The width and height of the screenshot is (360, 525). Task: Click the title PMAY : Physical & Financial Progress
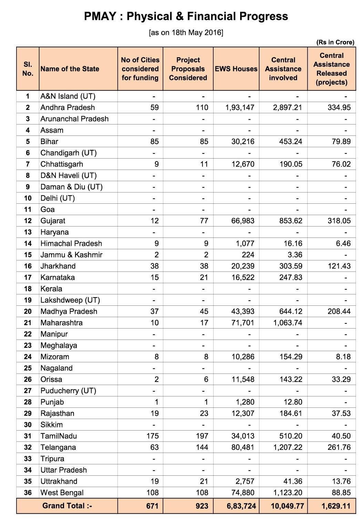[x=186, y=16]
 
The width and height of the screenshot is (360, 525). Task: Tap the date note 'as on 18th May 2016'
[x=186, y=33]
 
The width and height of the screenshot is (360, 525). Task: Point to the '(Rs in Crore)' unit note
[x=335, y=42]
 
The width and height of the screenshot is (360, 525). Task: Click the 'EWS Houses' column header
[x=236, y=69]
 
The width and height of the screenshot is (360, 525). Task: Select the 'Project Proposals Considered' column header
[x=188, y=69]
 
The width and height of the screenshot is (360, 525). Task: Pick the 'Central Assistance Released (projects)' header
[x=331, y=69]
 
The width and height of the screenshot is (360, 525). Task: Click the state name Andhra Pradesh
[x=68, y=108]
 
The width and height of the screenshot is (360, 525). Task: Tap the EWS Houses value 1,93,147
[x=240, y=108]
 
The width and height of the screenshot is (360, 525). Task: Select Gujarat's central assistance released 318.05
[x=339, y=221]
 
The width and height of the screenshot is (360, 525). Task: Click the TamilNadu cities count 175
[x=153, y=436]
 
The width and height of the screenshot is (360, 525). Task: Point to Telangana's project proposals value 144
[x=202, y=447]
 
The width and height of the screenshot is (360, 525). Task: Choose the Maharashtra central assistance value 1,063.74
[x=287, y=323]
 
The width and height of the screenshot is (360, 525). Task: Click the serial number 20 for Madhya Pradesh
[x=28, y=312]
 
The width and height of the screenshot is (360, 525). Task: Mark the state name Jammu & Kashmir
[x=71, y=255]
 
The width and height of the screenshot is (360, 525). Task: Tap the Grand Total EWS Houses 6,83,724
[x=241, y=506]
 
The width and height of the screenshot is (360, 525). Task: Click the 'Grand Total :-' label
[x=67, y=506]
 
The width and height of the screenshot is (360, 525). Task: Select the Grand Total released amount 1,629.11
[x=336, y=506]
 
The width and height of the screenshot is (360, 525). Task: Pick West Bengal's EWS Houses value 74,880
[x=243, y=493]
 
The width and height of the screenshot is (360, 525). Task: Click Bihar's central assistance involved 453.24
[x=291, y=142]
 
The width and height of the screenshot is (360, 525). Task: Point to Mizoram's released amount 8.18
[x=343, y=357]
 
